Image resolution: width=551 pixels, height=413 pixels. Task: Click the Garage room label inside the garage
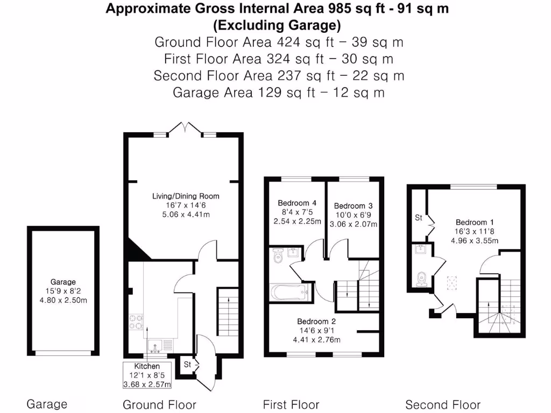point(63,282)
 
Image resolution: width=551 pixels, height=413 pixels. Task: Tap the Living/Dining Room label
point(186,196)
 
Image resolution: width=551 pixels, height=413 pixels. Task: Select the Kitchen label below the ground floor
point(147,366)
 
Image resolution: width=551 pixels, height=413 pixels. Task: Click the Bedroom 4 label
point(297,203)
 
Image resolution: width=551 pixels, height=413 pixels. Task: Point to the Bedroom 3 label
point(353,206)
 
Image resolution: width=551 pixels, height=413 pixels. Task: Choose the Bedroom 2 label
point(316,322)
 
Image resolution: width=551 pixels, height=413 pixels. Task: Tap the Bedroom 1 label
point(475,222)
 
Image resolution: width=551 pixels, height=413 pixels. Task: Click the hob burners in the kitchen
point(136,322)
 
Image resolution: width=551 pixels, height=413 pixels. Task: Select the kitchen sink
point(155,346)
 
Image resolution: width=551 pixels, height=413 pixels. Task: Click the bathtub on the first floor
point(289,292)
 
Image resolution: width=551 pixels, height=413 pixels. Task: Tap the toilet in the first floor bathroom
point(278,256)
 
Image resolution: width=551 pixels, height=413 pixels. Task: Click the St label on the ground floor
point(187,365)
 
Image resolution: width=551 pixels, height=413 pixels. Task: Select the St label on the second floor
point(418,218)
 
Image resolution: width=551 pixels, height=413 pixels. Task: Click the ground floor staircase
point(228,312)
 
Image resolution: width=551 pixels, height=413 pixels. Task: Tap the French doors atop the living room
point(185,128)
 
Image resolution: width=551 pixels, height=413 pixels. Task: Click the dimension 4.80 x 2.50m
point(63,300)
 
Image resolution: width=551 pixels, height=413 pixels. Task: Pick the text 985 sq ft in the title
point(357,9)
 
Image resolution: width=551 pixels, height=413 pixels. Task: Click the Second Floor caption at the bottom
point(443,404)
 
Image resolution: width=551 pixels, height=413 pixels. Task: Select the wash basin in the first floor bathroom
point(293,253)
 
